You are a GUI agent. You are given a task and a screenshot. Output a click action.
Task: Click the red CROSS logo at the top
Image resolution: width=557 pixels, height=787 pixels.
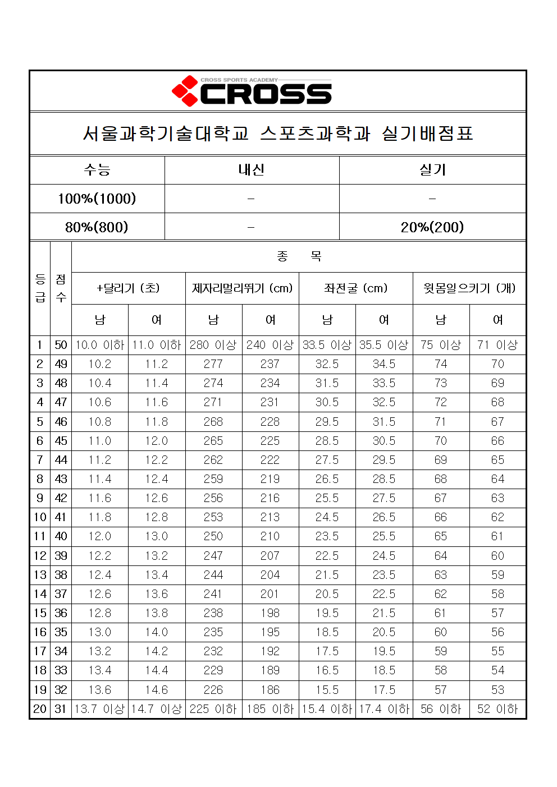(252, 91)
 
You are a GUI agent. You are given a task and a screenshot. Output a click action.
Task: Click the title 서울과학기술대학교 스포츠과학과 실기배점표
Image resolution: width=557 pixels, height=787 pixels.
(278, 134)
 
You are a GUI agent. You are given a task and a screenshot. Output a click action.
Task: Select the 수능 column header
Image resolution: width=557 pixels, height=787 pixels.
(97, 170)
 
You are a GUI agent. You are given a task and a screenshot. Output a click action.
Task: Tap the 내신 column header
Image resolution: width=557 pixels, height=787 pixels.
(252, 170)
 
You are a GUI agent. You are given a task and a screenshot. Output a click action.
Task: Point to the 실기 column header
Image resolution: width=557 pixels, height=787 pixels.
(432, 170)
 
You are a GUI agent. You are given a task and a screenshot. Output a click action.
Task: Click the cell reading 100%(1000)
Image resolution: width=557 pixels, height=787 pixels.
(97, 199)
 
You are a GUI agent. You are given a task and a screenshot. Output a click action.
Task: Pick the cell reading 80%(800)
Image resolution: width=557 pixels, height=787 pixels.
(97, 227)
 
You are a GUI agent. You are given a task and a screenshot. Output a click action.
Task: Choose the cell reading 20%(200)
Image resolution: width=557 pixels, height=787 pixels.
(432, 227)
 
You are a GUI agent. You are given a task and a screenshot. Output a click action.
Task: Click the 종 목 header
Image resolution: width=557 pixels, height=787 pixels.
(299, 257)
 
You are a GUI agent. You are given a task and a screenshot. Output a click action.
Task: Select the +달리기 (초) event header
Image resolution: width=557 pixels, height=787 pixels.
(129, 288)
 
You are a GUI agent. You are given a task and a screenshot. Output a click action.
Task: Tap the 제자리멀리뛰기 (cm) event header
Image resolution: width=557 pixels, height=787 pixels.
(242, 288)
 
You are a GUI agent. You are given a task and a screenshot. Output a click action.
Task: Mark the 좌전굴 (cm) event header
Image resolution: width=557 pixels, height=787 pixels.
(356, 288)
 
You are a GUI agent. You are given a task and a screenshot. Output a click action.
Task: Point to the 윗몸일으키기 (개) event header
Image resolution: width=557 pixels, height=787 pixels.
(469, 288)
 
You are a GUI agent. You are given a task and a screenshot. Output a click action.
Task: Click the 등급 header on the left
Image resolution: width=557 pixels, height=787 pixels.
(40, 288)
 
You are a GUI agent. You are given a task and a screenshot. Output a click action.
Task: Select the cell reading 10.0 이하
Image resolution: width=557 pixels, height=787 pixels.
(100, 345)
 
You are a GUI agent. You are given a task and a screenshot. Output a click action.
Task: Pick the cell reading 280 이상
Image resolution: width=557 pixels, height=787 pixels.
(213, 345)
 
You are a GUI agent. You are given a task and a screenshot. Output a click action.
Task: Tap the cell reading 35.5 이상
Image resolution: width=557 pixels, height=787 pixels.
(384, 345)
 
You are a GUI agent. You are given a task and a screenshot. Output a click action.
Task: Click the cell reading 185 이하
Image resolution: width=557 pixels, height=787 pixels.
(270, 709)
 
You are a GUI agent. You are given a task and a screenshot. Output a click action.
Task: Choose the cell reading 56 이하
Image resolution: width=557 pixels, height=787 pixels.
(441, 709)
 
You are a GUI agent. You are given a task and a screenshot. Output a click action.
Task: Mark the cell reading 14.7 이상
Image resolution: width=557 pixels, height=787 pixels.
(157, 709)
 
